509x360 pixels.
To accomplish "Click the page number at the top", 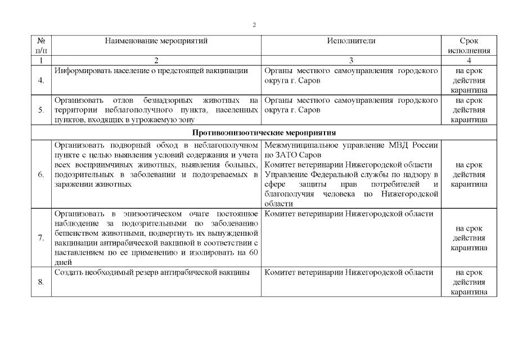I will [254, 25].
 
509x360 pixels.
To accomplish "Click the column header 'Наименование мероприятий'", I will [156, 41].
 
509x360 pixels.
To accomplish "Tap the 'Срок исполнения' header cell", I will [469, 46].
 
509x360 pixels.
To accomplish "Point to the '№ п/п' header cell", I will [41, 46].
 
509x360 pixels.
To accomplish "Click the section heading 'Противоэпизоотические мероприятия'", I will [264, 133].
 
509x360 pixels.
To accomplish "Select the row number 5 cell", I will [41, 110].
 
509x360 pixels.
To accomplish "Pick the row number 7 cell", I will [41, 237].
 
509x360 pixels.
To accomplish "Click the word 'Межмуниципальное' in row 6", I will [298, 145].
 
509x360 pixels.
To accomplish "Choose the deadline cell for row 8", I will [469, 282].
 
